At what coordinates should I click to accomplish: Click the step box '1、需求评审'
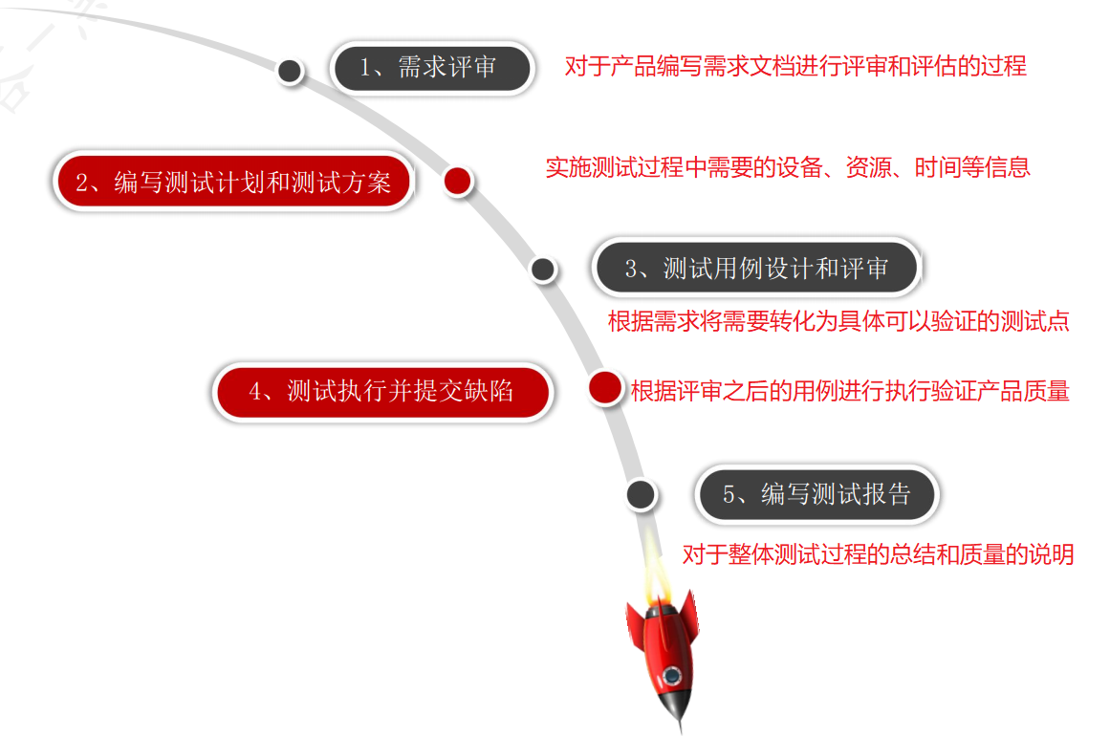click(x=431, y=68)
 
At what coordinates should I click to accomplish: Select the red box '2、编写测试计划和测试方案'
click(x=233, y=182)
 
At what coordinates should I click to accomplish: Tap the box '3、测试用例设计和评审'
click(x=755, y=269)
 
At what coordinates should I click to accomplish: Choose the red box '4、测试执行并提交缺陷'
click(x=381, y=391)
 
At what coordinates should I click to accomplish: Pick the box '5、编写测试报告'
click(x=816, y=494)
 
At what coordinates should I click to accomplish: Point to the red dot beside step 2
click(x=459, y=181)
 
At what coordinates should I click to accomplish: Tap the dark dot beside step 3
click(x=543, y=270)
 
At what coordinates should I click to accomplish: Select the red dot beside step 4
click(x=604, y=388)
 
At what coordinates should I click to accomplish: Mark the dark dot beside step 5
click(x=641, y=494)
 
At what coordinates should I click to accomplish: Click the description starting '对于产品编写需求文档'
click(x=795, y=66)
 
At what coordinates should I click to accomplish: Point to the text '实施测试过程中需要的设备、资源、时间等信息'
click(x=788, y=167)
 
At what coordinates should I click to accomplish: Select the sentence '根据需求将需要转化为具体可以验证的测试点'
click(x=838, y=321)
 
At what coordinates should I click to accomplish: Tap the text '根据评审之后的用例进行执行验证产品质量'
click(x=850, y=390)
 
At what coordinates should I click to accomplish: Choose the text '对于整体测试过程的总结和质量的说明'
click(x=878, y=553)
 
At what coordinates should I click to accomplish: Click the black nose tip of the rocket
click(x=681, y=724)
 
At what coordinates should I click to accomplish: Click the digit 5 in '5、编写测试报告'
click(x=729, y=495)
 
